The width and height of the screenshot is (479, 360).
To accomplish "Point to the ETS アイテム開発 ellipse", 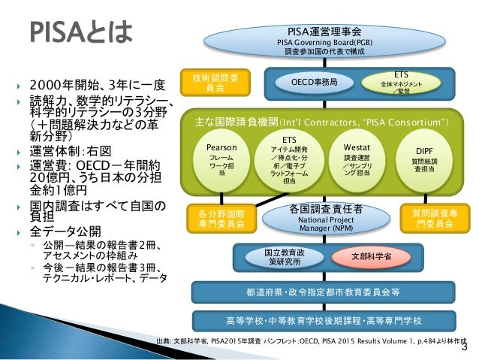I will [288, 160].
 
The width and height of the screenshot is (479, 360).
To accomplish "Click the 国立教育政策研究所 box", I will [283, 258].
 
